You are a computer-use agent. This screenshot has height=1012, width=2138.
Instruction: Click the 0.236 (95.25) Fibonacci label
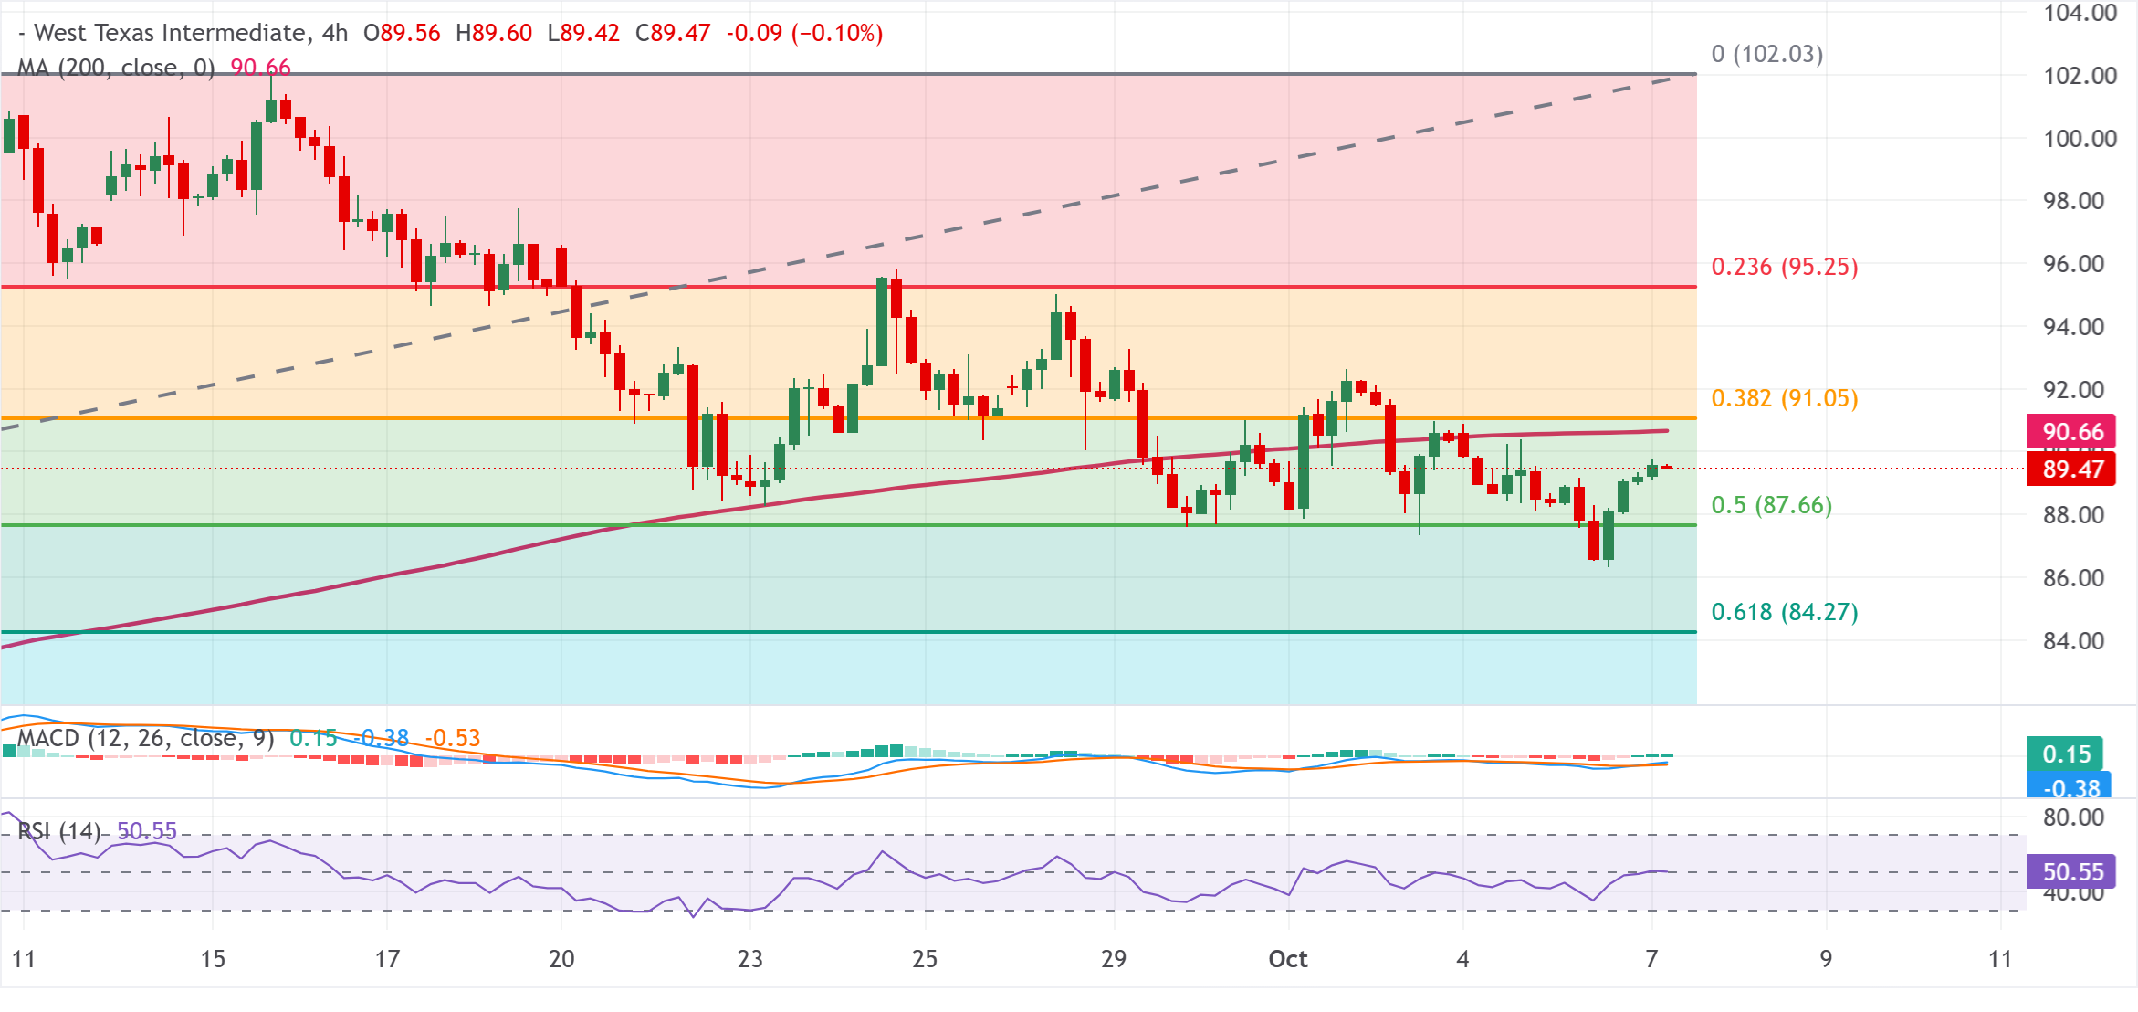[1785, 267]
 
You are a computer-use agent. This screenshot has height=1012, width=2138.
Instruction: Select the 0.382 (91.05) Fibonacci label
[1785, 398]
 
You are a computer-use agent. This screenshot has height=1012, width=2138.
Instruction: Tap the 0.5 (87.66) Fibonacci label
[1772, 505]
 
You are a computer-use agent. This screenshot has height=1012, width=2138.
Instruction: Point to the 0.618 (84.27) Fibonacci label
[1785, 612]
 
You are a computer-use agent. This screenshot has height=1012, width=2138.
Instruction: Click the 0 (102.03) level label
[1767, 54]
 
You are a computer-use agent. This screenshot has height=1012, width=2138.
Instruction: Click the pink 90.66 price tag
[2070, 431]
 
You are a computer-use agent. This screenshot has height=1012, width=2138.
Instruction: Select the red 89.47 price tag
[2070, 469]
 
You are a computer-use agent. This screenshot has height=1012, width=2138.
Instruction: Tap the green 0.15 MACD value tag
[2065, 754]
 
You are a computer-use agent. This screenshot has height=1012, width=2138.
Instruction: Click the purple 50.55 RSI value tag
[2070, 871]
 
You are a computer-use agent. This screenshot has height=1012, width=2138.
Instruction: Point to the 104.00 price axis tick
[2080, 13]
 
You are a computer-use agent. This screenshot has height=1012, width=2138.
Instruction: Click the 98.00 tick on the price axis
[2073, 201]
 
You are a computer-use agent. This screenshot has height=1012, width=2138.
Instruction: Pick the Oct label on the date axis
[1288, 959]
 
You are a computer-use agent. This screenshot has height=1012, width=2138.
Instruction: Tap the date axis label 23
[750, 959]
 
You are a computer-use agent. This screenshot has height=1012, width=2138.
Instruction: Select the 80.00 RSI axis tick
[2073, 817]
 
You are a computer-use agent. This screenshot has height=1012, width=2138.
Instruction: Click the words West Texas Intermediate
[170, 33]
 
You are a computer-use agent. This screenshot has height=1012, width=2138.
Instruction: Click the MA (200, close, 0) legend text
[116, 68]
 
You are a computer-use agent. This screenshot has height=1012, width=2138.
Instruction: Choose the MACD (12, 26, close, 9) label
[146, 738]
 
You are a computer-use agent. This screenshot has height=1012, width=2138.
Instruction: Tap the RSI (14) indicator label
[59, 831]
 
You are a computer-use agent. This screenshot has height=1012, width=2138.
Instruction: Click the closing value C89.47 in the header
[673, 33]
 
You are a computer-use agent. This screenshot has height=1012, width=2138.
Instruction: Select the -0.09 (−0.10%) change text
[804, 33]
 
